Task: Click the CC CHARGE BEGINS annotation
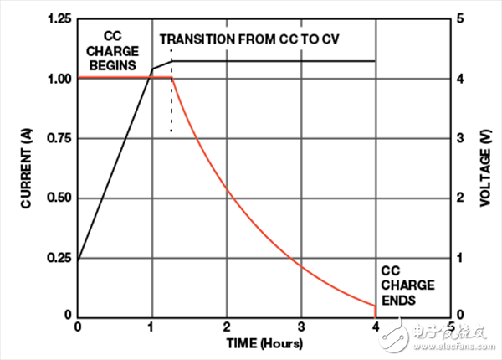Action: point(115,49)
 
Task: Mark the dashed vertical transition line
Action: point(172,105)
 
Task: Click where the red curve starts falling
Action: point(172,79)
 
